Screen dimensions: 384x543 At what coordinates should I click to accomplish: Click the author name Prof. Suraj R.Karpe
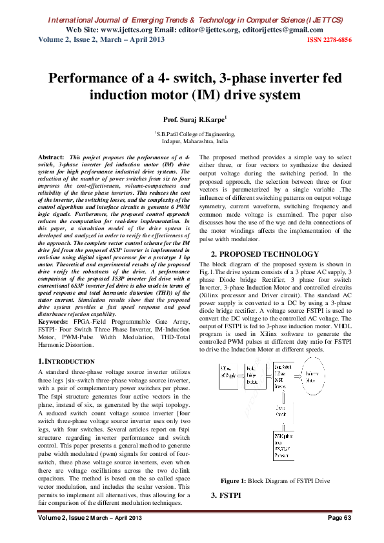[x=192, y=120]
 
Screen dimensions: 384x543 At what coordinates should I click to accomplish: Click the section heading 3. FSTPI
[x=226, y=495]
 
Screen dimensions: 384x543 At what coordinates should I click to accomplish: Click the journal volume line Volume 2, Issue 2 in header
[x=101, y=40]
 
